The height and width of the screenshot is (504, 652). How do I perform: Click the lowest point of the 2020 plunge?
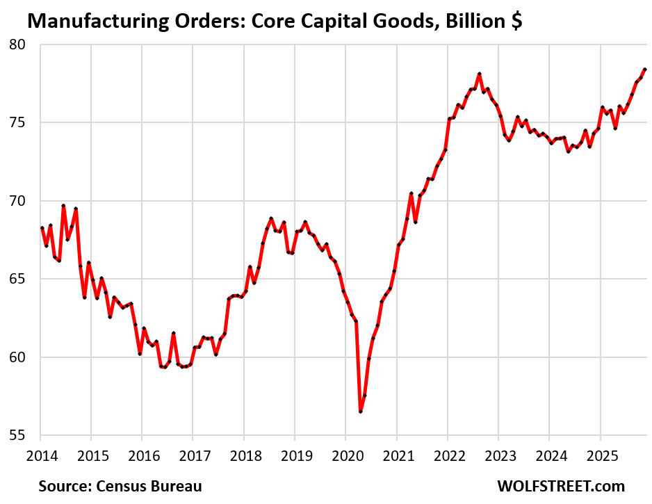[x=361, y=412]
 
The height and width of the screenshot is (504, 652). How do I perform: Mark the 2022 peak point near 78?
[x=480, y=74]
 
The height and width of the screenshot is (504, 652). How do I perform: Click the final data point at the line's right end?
[x=645, y=70]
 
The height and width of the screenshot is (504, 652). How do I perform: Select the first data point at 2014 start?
[x=42, y=228]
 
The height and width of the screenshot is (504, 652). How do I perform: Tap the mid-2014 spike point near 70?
[x=63, y=206]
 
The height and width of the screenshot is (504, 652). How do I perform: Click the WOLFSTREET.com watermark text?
[x=560, y=485]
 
